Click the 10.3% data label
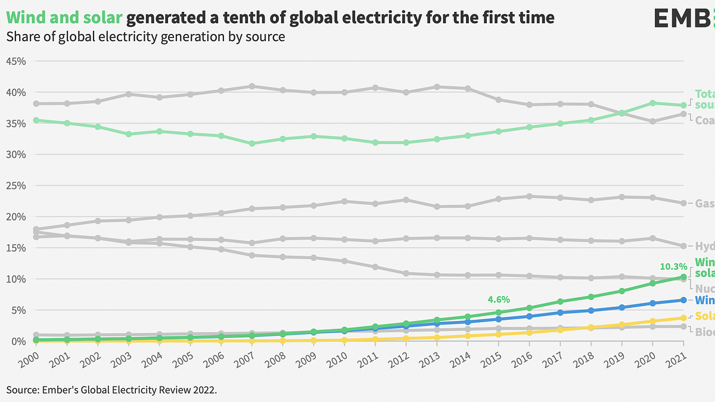point(674,266)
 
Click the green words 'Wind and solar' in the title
point(64,18)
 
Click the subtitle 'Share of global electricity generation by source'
point(145,37)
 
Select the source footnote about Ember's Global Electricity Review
point(111,389)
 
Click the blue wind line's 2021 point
point(683,300)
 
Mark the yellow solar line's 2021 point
point(683,318)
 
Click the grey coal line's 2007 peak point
point(252,86)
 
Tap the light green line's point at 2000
point(36,120)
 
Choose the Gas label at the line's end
point(704,204)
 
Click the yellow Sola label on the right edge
point(704,316)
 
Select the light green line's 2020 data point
point(652,103)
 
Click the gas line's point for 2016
point(529,197)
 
